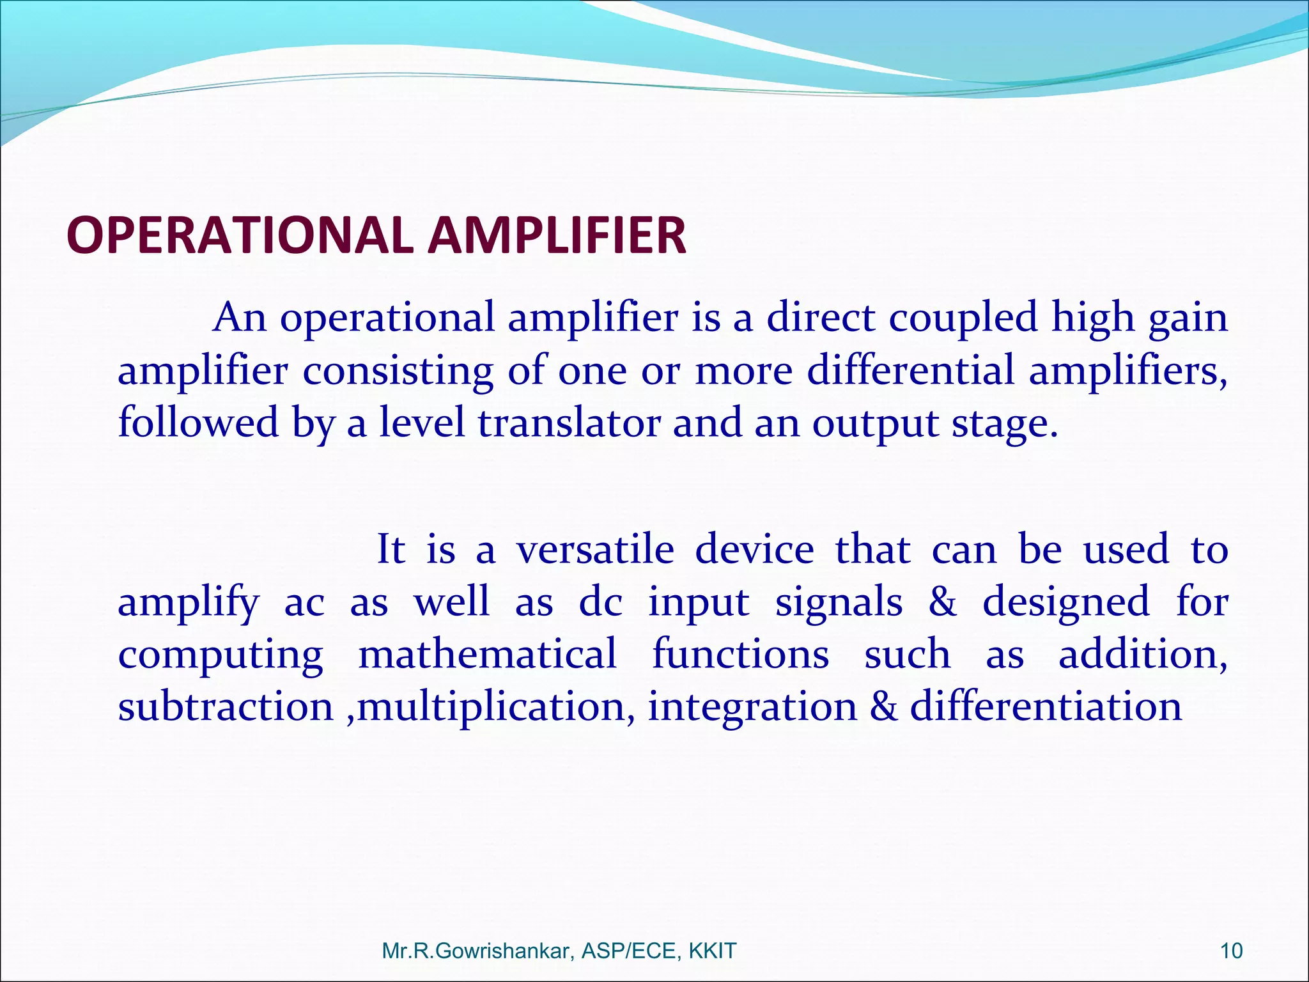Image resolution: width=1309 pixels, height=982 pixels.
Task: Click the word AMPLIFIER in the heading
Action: pos(557,235)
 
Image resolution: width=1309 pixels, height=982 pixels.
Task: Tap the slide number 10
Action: pos(1231,951)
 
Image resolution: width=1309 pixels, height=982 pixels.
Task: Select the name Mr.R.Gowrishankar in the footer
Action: pos(477,951)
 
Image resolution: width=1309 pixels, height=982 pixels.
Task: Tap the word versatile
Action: pos(595,550)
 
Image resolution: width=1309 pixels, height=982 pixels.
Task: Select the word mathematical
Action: pos(488,655)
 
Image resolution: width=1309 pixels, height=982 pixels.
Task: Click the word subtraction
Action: pos(225,707)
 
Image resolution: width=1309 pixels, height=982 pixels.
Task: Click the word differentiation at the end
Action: pos(1046,707)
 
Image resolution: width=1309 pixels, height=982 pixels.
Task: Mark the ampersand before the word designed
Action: pos(943,603)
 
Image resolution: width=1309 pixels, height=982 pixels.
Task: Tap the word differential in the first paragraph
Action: pos(910,371)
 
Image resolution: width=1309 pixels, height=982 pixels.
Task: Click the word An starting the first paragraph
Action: pos(240,318)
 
